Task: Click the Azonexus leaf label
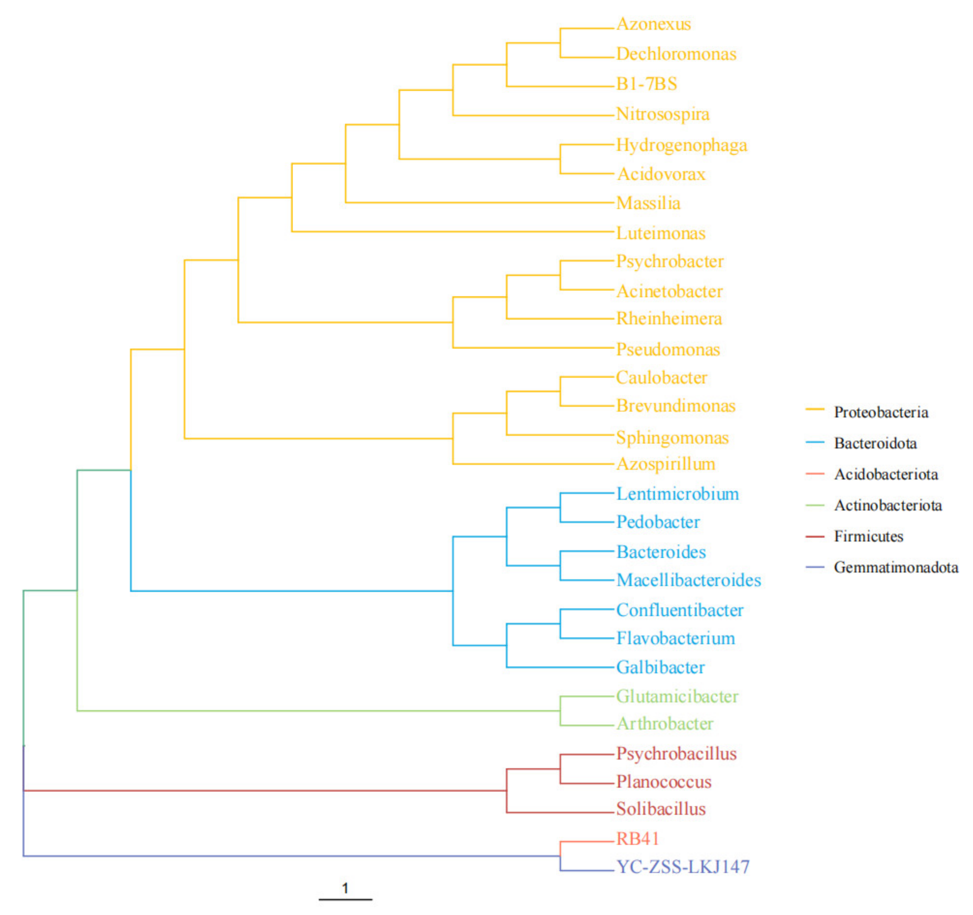pos(653,24)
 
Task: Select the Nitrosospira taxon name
pos(663,114)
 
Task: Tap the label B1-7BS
pos(647,84)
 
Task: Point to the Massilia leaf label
pos(648,203)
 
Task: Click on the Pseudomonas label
pos(668,350)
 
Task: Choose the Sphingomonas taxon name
pos(672,438)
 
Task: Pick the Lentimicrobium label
pos(677,494)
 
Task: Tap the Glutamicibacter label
pos(677,697)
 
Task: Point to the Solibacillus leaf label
pos(661,809)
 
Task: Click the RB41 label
pos(637,839)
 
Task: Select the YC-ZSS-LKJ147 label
pos(683,867)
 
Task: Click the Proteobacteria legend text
pos(881,412)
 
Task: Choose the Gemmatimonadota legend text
pos(896,567)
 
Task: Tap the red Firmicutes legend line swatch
pos(815,537)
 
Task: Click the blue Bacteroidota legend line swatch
pos(815,443)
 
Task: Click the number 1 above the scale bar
pos(345,888)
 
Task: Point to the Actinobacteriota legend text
pos(888,505)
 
